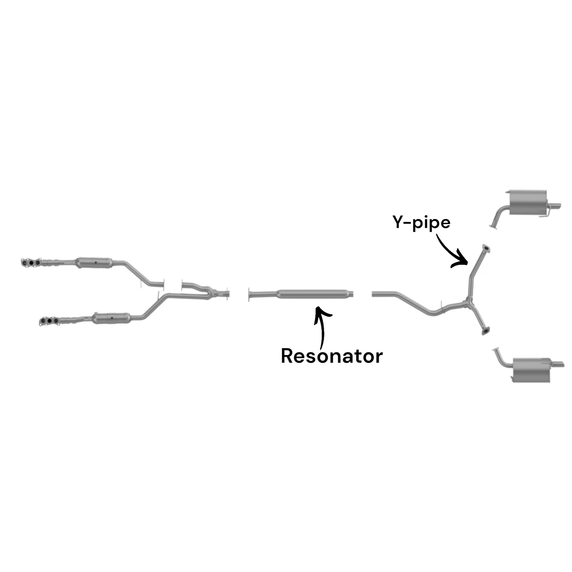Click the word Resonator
[332, 356]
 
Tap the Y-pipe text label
[421, 222]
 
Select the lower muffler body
[531, 371]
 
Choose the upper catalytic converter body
[94, 262]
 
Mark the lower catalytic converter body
[112, 317]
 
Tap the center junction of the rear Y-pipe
[469, 302]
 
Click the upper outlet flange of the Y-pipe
[485, 248]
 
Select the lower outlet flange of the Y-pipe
[485, 330]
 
